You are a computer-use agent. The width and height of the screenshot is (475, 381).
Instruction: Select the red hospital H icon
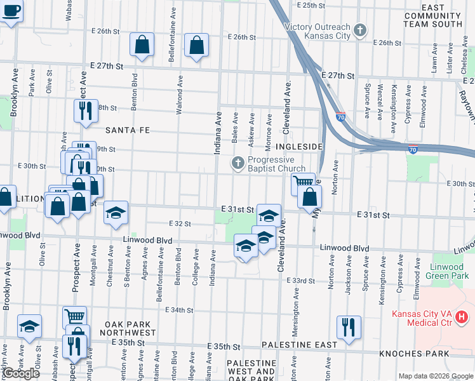click(x=462, y=316)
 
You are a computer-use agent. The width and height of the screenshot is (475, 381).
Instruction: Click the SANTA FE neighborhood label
click(x=127, y=130)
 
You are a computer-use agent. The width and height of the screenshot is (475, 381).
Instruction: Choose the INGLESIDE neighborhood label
click(x=299, y=147)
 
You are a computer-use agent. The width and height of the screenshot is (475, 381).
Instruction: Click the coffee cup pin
click(x=11, y=11)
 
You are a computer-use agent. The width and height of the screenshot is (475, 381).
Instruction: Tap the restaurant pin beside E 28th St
click(x=84, y=110)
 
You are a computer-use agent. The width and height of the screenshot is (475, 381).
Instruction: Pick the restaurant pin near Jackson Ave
click(x=348, y=326)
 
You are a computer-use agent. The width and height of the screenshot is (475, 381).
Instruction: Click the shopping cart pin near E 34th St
click(x=74, y=316)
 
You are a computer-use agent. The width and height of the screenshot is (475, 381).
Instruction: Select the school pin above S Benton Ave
click(x=116, y=213)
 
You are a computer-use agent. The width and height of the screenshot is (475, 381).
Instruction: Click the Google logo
click(x=20, y=373)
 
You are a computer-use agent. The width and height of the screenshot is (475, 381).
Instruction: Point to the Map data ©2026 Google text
click(x=435, y=376)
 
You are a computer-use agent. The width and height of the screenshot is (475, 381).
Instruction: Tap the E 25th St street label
click(x=311, y=5)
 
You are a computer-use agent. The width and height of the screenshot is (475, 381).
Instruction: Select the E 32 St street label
click(x=180, y=224)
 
